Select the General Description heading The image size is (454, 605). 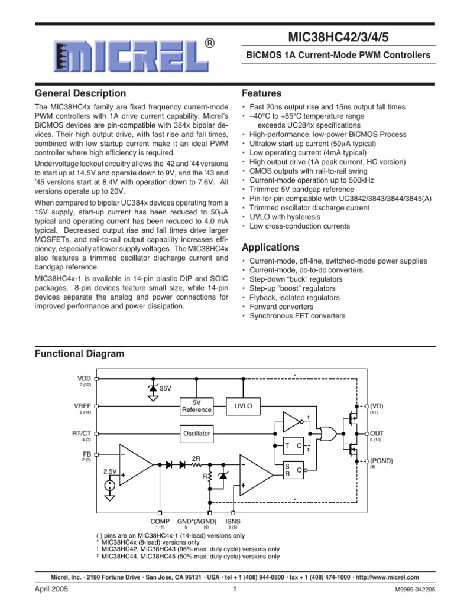80,93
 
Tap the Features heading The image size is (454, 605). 262,93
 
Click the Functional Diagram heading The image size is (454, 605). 80,353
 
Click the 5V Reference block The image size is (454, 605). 196,406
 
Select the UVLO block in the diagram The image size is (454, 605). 243,406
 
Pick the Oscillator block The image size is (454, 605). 196,434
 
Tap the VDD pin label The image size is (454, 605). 85,378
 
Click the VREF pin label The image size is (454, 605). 83,406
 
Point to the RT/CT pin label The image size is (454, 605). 82,433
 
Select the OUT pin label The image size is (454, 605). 377,433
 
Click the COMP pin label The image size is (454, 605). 160,521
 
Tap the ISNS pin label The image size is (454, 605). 233,521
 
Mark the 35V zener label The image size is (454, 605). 166,388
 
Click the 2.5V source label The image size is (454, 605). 110,471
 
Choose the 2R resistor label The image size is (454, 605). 197,457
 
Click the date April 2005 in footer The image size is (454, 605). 50,590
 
